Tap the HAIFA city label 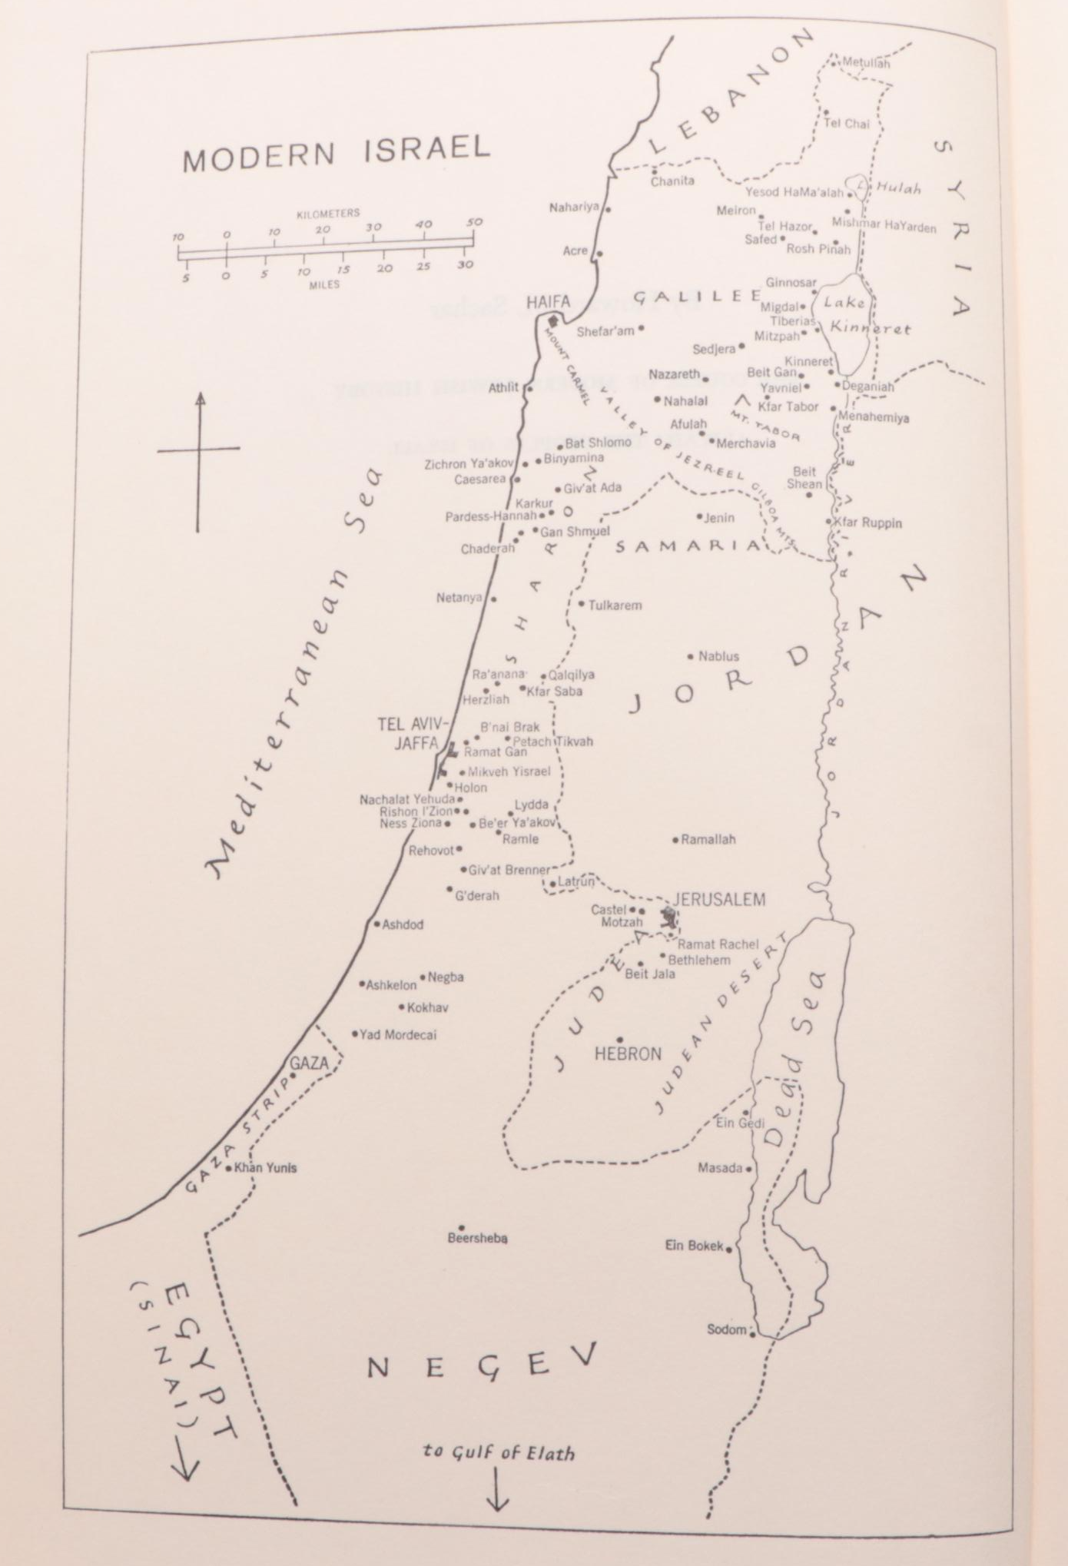pos(548,301)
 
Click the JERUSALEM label pos(719,899)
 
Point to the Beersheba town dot pos(461,1227)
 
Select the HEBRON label pos(628,1053)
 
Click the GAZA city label pos(309,1063)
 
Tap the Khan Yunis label pos(265,1167)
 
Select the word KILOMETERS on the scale pos(328,213)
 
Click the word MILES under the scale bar pos(324,284)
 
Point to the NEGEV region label pos(480,1362)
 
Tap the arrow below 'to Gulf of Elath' pos(497,1489)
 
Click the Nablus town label pos(718,656)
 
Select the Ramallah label pos(708,839)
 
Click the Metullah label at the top pos(866,63)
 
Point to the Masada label pos(720,1168)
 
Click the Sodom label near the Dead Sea pos(726,1329)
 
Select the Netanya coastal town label pos(459,597)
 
